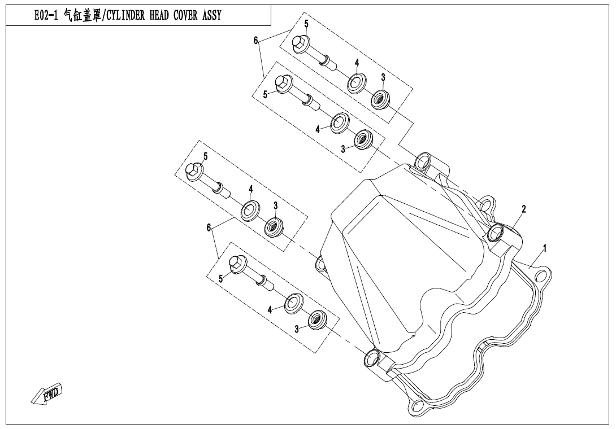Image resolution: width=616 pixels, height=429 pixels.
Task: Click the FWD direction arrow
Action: (47, 393)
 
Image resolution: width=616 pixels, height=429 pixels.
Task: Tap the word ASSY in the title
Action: (209, 16)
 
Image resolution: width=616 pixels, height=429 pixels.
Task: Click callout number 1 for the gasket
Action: (545, 247)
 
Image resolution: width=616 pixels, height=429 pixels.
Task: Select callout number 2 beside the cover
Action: (524, 209)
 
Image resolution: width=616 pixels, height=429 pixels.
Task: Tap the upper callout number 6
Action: (255, 40)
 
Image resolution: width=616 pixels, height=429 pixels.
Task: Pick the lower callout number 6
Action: (209, 227)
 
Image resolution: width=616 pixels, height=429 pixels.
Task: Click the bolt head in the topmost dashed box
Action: (301, 42)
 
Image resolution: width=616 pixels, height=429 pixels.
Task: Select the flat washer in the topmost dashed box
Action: (356, 82)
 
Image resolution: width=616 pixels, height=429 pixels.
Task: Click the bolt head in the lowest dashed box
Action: (237, 264)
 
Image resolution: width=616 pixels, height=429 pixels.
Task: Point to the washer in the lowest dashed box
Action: (293, 304)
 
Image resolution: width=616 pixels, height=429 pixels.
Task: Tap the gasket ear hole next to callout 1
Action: (543, 276)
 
